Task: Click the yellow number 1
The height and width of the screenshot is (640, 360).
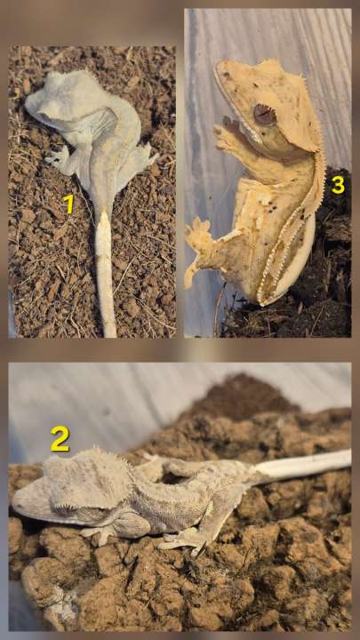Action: pyautogui.click(x=69, y=204)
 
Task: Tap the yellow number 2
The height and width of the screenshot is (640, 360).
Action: pyautogui.click(x=60, y=439)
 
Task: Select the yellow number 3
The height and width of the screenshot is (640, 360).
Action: pyautogui.click(x=338, y=185)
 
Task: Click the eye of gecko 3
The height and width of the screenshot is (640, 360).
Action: pyautogui.click(x=265, y=115)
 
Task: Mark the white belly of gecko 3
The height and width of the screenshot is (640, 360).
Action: pyautogui.click(x=293, y=261)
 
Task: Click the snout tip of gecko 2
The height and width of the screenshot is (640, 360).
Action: pyautogui.click(x=15, y=503)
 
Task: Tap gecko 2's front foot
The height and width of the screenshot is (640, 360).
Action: pyautogui.click(x=97, y=532)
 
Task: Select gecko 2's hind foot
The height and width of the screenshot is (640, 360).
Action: pyautogui.click(x=180, y=540)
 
